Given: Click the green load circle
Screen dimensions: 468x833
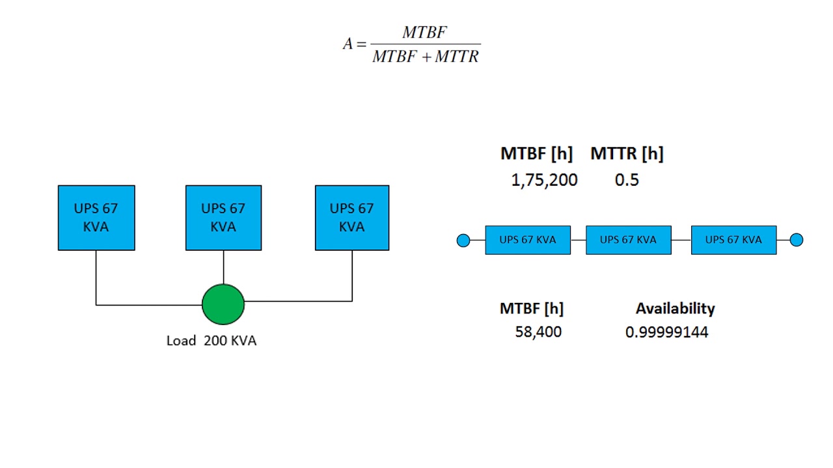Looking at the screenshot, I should (223, 304).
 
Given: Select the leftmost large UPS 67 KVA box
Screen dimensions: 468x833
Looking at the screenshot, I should (96, 218).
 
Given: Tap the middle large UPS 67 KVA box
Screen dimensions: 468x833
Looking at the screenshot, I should (223, 218).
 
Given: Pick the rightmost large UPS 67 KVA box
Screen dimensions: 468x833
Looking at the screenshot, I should (352, 218).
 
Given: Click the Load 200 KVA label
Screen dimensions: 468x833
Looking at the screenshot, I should (212, 341).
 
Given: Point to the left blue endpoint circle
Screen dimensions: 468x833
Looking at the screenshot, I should (463, 240).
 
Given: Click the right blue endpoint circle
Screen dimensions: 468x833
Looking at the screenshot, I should (797, 240).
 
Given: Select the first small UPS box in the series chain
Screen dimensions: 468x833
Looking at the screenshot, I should (528, 240).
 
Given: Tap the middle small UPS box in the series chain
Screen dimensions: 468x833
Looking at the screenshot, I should (628, 240).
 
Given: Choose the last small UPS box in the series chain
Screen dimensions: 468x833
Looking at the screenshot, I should (733, 240).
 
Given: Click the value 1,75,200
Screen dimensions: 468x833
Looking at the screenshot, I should (544, 181).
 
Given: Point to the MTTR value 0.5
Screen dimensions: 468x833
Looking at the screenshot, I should (627, 181).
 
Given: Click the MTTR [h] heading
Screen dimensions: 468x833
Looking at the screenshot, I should (627, 154).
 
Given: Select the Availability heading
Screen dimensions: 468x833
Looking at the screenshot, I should (675, 308).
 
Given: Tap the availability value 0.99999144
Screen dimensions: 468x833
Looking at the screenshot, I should (666, 333).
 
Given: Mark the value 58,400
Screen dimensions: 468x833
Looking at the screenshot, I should (538, 332).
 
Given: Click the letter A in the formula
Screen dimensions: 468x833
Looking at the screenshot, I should (348, 44).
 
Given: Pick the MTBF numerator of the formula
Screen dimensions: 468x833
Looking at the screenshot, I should (424, 32).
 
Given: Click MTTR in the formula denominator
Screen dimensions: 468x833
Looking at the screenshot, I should (457, 57).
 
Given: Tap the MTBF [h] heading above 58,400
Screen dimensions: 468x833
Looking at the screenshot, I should (532, 308).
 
